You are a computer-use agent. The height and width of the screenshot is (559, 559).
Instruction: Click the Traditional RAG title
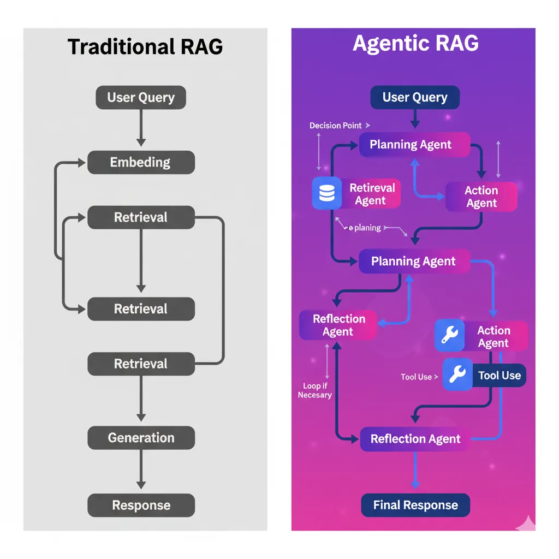tap(145, 47)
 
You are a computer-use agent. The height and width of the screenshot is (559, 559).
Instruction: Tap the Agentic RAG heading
tap(415, 44)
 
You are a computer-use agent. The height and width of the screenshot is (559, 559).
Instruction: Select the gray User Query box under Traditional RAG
tap(141, 98)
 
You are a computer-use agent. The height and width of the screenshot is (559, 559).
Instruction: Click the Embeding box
tap(141, 163)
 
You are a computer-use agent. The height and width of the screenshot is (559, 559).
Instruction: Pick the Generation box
tap(141, 438)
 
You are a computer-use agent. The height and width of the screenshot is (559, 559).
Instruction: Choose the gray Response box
tap(141, 506)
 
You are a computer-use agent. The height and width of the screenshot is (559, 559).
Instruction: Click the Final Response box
tap(415, 506)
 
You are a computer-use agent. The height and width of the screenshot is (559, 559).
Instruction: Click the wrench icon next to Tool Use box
tap(457, 375)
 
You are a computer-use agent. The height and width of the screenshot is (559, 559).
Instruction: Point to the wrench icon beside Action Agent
tap(449, 336)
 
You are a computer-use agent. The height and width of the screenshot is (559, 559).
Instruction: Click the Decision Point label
tap(336, 126)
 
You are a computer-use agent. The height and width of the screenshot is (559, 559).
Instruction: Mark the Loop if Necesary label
tap(314, 390)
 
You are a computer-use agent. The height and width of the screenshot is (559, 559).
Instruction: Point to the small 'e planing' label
tap(365, 228)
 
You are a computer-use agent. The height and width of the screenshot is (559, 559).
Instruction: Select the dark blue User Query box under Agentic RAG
tap(415, 98)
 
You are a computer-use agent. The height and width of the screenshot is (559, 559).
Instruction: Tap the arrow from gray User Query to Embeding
tap(141, 128)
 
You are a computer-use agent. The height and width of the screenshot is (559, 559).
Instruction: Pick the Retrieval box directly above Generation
tap(141, 364)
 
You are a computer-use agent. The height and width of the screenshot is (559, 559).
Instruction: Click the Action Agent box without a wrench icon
tap(481, 197)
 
